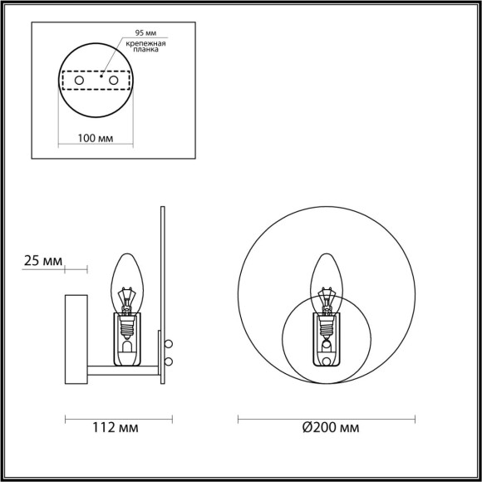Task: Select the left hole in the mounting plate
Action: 81,81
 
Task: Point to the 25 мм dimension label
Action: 42,262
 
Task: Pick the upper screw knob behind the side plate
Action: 170,342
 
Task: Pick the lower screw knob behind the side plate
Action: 170,360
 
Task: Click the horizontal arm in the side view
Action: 125,371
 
